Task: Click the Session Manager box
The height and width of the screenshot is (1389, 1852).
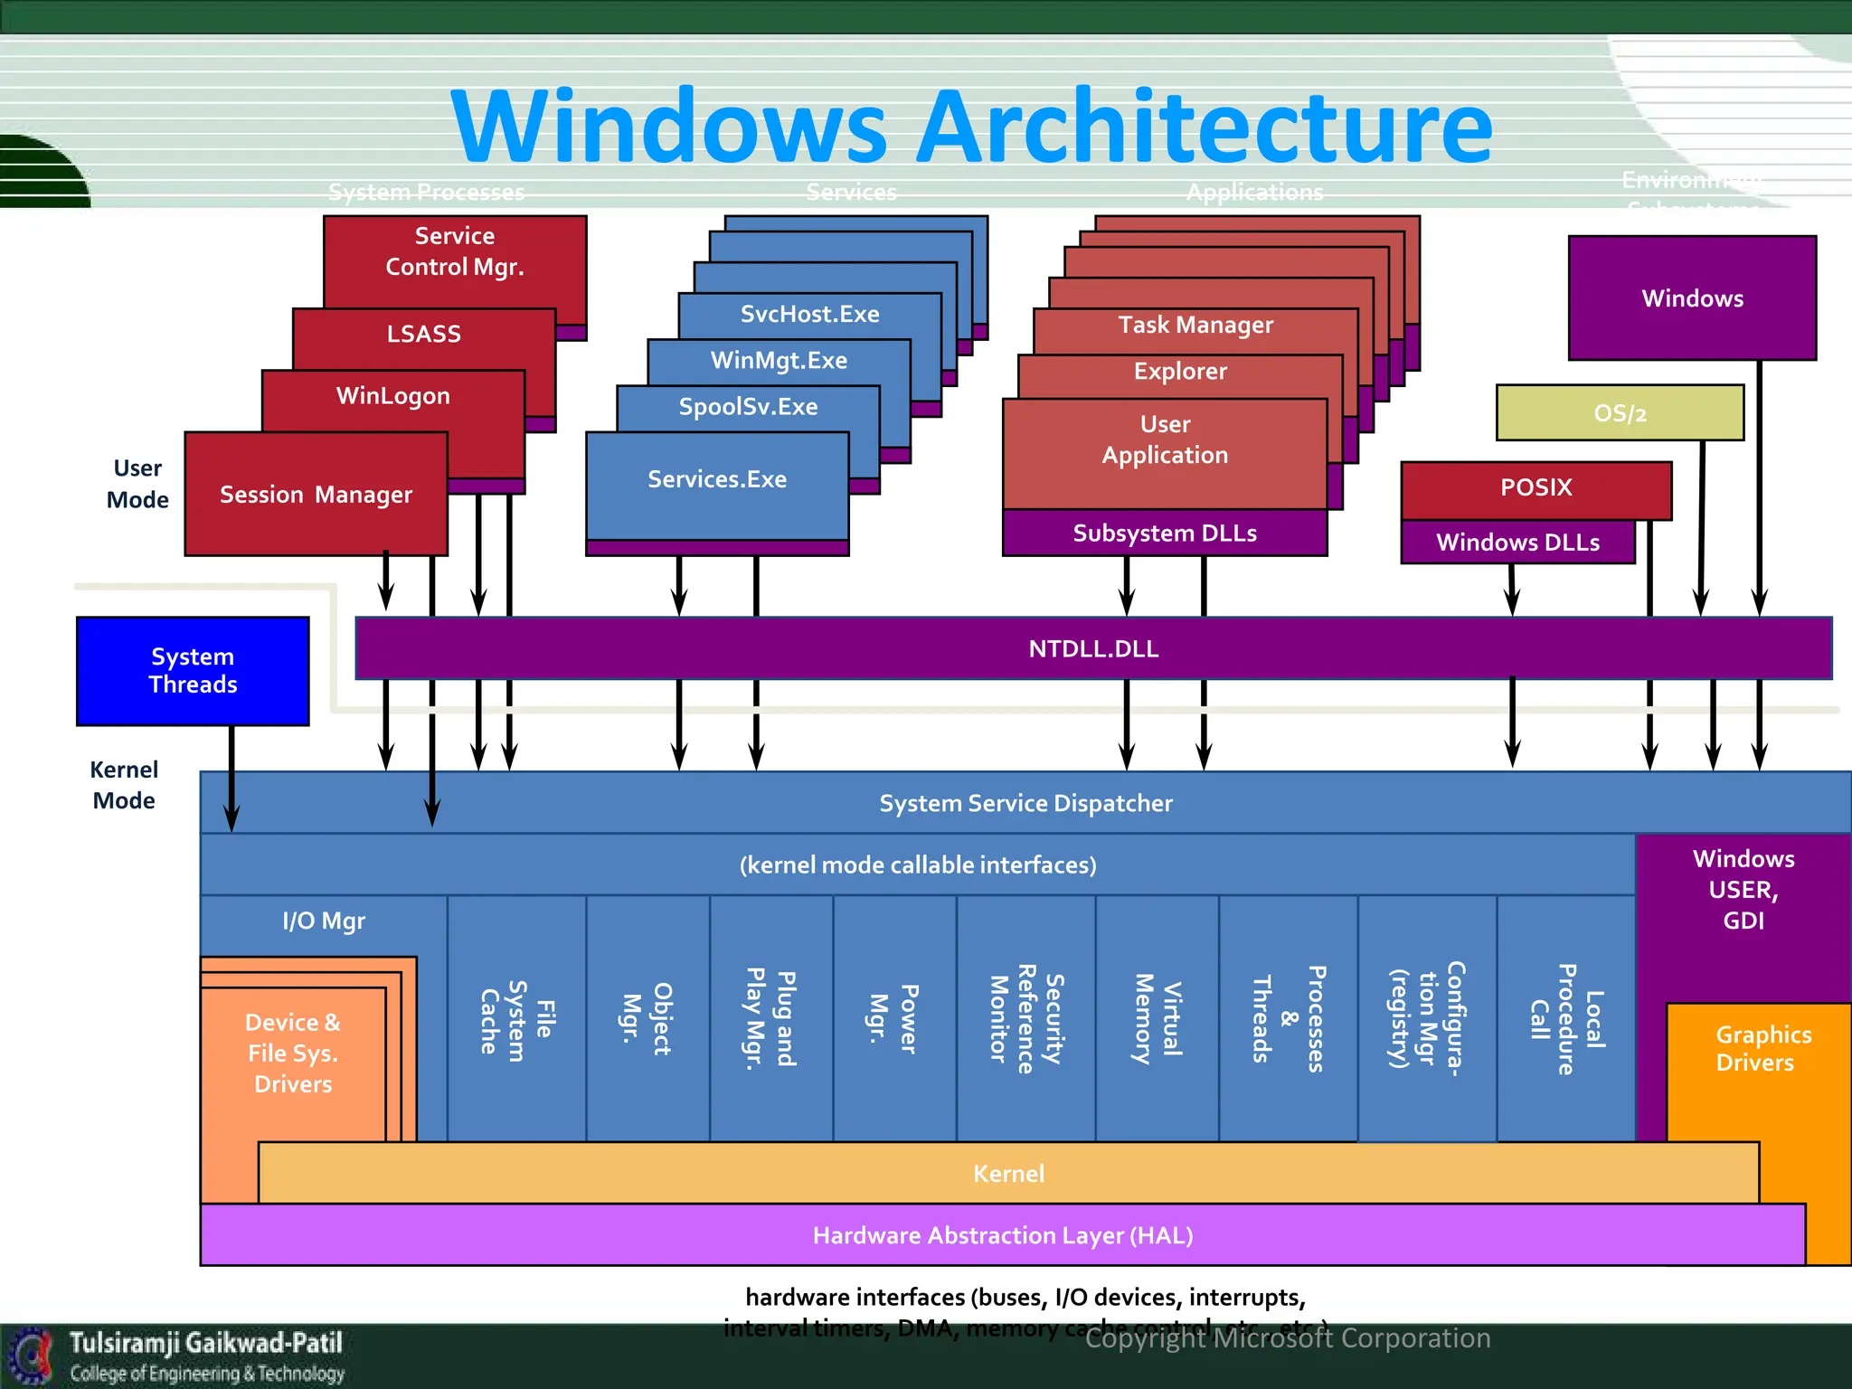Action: (x=316, y=495)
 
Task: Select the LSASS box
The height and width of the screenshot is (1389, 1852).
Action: (x=423, y=334)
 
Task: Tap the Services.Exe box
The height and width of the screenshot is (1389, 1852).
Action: (x=716, y=479)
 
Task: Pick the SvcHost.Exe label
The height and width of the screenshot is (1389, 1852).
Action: (x=809, y=314)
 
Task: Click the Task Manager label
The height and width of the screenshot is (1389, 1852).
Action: (x=1195, y=325)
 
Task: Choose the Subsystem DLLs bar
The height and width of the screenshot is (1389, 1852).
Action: (x=1164, y=534)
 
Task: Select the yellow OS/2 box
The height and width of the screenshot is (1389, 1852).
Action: (x=1619, y=413)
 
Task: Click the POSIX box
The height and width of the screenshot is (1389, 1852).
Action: (x=1535, y=487)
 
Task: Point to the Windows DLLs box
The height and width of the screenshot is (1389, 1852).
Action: (x=1517, y=543)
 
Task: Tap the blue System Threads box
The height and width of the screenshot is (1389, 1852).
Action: (x=193, y=670)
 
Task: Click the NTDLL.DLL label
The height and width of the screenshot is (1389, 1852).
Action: (x=1093, y=648)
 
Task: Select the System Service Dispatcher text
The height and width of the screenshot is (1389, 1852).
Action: (x=1025, y=803)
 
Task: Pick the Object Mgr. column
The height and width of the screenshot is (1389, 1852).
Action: (x=647, y=1018)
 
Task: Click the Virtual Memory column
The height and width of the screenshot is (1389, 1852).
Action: (x=1157, y=1018)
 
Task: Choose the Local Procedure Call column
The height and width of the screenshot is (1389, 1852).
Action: (x=1565, y=1018)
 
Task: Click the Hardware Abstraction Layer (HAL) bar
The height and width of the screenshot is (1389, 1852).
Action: (x=1002, y=1235)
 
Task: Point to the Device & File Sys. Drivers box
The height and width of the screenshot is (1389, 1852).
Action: (x=292, y=1054)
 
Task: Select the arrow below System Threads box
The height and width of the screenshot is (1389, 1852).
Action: (x=231, y=778)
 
